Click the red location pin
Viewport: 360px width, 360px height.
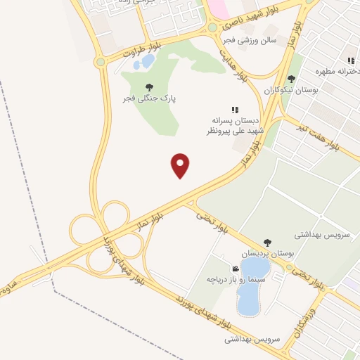181,165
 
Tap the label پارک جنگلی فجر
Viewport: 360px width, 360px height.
149,98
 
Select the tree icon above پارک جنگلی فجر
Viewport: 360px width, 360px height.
149,87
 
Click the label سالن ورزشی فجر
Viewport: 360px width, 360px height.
249,40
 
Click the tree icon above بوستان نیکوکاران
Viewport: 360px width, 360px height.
291,79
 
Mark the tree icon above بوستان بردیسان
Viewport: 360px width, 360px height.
266,242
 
